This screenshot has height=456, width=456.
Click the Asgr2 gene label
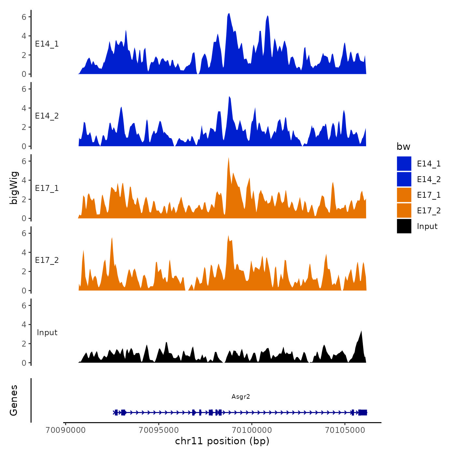[241, 396]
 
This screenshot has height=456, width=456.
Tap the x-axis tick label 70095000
[159, 430]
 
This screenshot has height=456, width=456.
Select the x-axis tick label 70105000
[345, 430]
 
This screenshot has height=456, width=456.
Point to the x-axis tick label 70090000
[66, 430]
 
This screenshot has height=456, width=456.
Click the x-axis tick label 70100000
[252, 430]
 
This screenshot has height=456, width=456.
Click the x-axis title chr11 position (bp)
[222, 441]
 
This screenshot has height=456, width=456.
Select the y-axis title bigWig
[14, 188]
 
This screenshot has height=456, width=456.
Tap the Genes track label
[14, 400]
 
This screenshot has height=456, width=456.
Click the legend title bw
[403, 147]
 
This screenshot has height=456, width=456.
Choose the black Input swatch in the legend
[404, 226]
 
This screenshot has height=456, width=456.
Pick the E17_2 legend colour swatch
[404, 210]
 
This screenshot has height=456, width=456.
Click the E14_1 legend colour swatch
[404, 164]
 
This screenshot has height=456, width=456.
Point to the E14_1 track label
[47, 44]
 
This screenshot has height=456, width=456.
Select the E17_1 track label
[47, 188]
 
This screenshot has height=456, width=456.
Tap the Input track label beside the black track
[47, 333]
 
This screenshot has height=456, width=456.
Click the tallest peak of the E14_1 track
[229, 14]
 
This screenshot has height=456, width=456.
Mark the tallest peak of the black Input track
[361, 331]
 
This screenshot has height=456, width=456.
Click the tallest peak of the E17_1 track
[229, 158]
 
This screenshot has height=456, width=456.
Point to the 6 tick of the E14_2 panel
[24, 89]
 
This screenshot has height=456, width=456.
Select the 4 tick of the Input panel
[24, 324]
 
